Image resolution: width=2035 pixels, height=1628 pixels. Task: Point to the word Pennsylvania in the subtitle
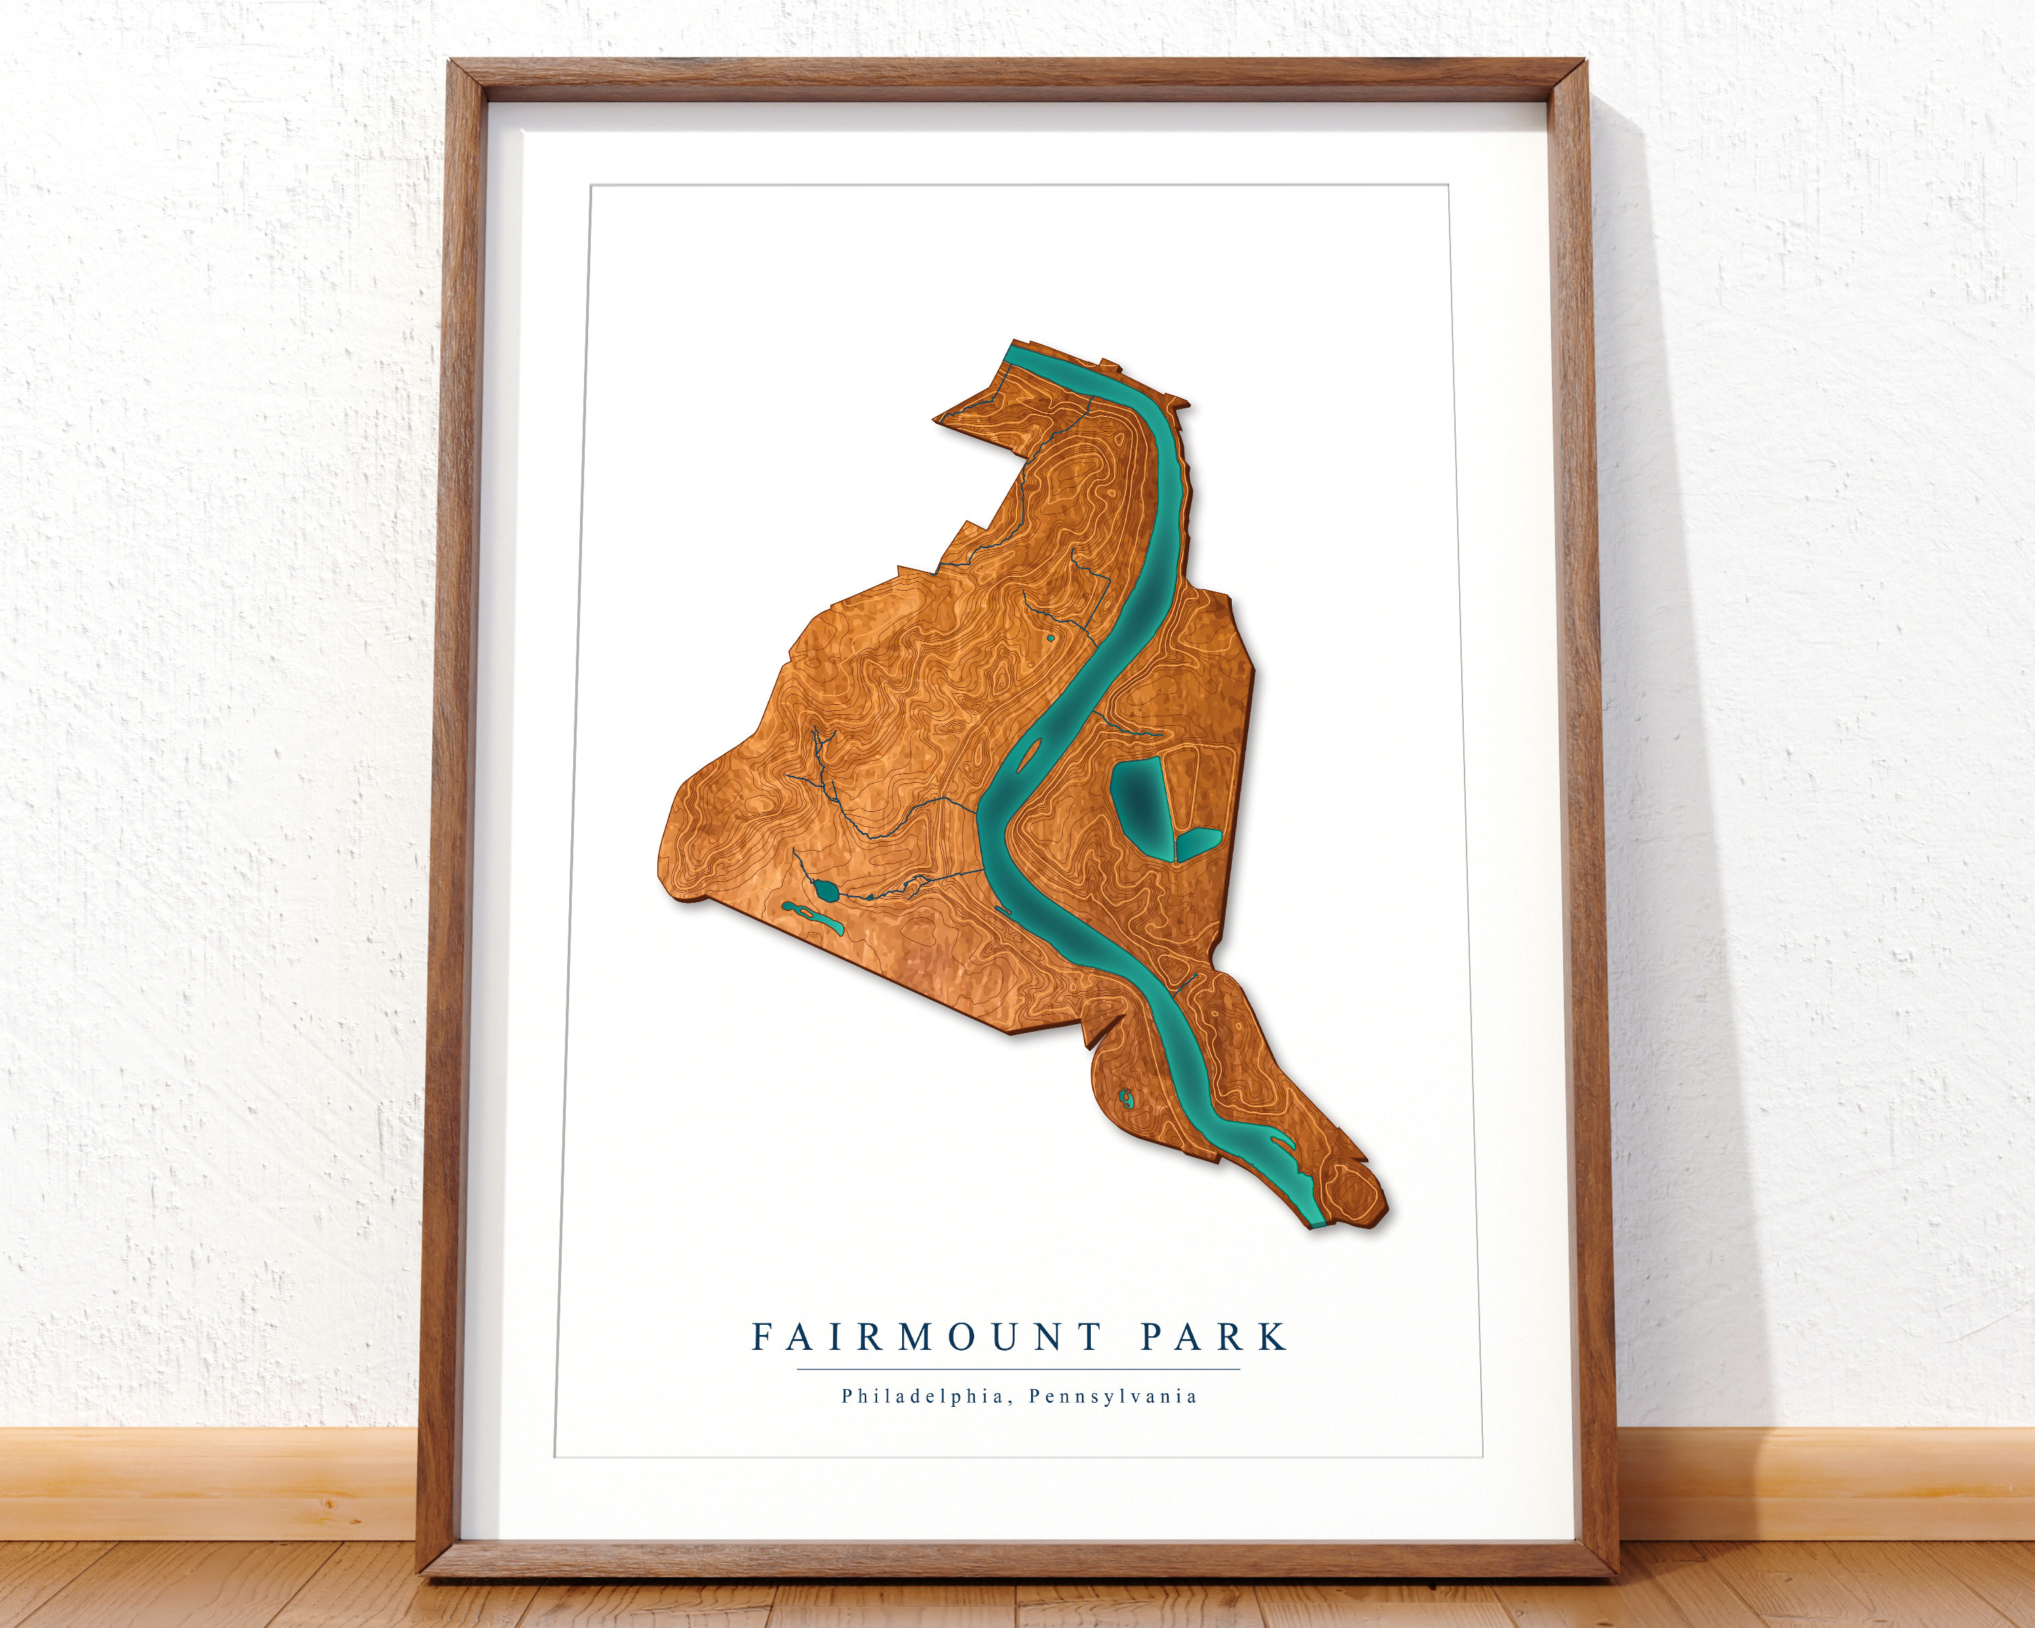point(1113,1396)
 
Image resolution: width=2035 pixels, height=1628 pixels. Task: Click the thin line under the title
point(1017,1368)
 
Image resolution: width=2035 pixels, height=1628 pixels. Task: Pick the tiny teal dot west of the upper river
point(1051,638)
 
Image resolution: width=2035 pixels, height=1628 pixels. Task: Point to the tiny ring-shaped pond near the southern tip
point(1126,1097)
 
